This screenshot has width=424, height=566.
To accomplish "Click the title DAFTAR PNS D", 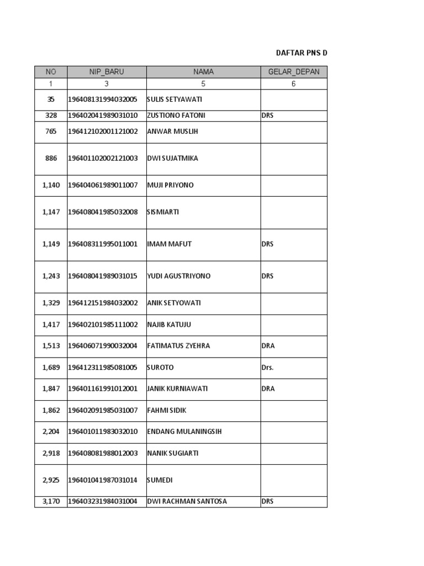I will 301,53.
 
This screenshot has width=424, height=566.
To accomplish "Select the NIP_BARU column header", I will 107,72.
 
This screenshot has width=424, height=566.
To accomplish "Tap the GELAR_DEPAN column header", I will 293,72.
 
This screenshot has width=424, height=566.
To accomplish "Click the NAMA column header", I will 203,72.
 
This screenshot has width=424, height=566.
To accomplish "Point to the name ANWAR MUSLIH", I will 172,132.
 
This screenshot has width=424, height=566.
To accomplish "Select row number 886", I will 51,159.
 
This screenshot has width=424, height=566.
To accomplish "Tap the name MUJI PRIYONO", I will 171,185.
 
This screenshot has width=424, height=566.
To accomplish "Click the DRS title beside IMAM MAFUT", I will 268,244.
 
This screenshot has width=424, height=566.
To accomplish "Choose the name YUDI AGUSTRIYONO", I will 179,276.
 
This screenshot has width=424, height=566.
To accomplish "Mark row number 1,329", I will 51,303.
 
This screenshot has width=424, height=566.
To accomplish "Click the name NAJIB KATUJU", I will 169,324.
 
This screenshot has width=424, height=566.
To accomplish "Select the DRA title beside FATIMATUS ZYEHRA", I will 268,346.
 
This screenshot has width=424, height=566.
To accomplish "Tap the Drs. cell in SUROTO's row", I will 268,368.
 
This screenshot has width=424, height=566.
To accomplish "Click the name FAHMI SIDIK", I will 167,410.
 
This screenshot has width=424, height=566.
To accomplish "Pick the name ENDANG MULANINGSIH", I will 184,432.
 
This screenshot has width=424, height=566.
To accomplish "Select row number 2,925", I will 51,480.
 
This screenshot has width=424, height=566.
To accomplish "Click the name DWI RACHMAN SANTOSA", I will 187,502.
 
